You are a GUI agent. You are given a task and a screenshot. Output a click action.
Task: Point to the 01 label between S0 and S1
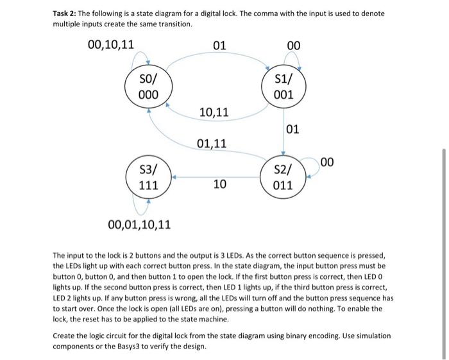(x=219, y=46)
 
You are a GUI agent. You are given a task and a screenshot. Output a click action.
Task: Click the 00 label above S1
(x=294, y=46)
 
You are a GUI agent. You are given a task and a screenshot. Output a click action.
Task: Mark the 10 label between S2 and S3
(x=219, y=185)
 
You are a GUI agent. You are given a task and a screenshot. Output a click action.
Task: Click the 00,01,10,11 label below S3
(x=140, y=225)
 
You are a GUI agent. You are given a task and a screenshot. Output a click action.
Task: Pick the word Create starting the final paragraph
(x=65, y=336)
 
